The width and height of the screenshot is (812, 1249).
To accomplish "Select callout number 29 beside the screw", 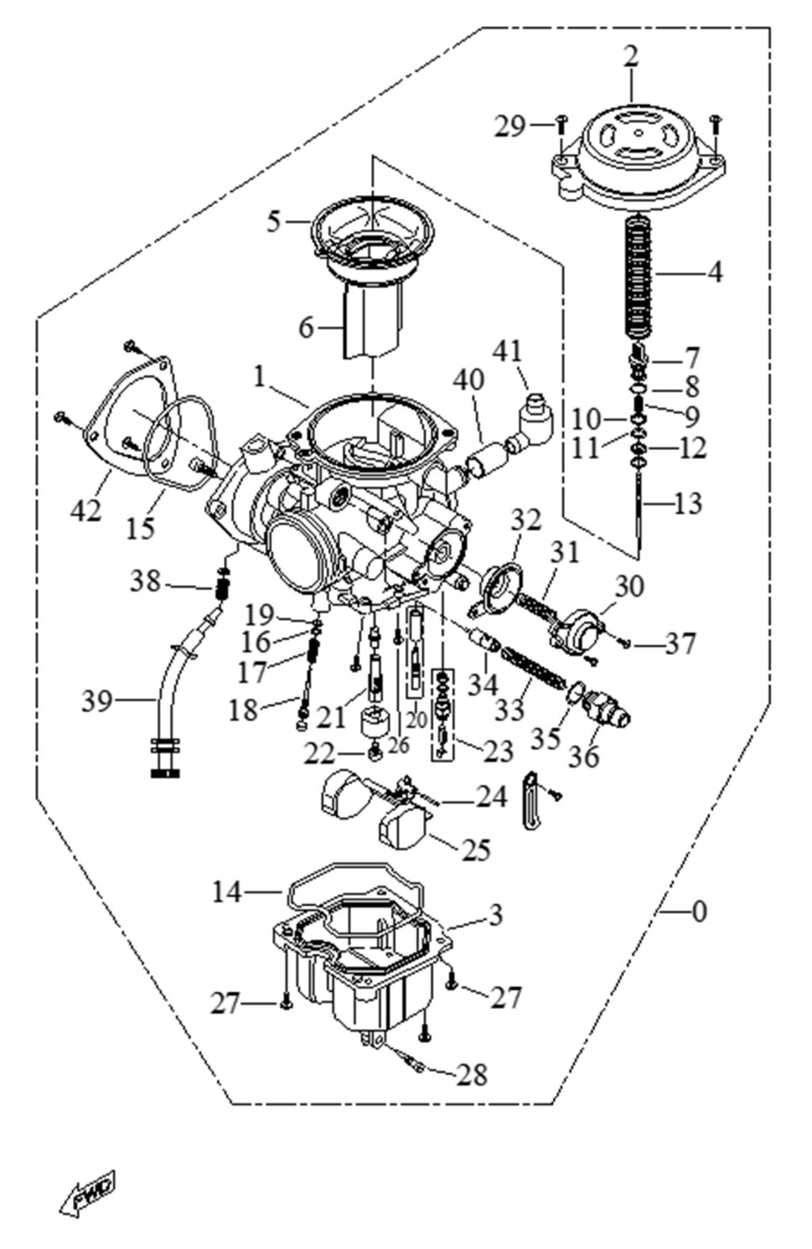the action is tap(510, 127).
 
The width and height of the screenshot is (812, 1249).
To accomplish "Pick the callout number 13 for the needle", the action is tap(688, 504).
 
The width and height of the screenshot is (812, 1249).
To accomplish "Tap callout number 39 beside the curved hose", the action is tap(98, 701).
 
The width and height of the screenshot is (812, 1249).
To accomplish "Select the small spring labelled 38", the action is tap(223, 584).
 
